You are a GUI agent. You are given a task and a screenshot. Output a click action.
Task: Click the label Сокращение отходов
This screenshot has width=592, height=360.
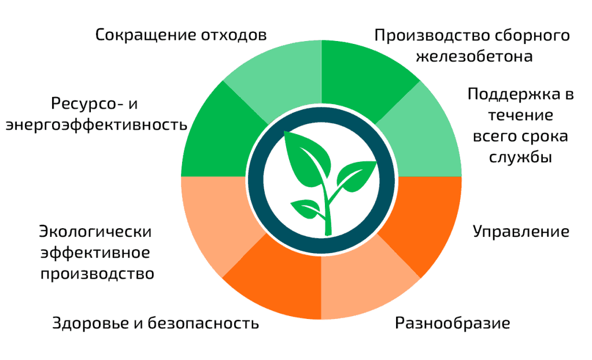181,35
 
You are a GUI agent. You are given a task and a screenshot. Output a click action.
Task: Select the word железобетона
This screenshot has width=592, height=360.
474,56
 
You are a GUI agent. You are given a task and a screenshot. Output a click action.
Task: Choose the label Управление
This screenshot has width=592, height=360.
521,231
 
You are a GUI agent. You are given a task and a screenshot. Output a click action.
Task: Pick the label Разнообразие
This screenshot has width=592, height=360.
452,324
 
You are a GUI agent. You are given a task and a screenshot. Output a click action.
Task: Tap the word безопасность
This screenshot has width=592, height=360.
203,324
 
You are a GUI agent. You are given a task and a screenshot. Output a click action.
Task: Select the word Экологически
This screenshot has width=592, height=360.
95,231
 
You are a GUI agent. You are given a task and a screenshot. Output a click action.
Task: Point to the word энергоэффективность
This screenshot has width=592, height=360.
97,125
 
